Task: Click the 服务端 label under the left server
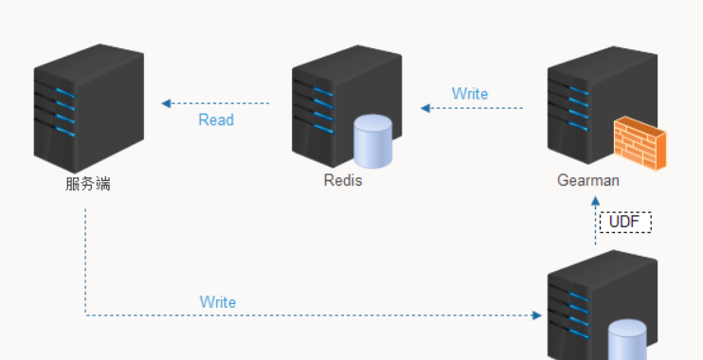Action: (88, 184)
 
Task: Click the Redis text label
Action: (342, 181)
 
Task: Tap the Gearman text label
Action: (587, 180)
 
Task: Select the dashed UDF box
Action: (625, 222)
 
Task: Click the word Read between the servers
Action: (216, 120)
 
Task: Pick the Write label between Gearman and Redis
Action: (470, 94)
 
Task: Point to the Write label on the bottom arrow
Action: (218, 302)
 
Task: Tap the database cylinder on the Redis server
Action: (372, 140)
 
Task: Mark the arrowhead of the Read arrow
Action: (167, 103)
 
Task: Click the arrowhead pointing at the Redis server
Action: (426, 108)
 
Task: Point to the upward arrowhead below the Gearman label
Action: (596, 201)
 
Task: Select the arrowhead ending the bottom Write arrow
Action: (537, 315)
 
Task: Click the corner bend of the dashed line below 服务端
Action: (86, 315)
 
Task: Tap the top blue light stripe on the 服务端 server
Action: (64, 92)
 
